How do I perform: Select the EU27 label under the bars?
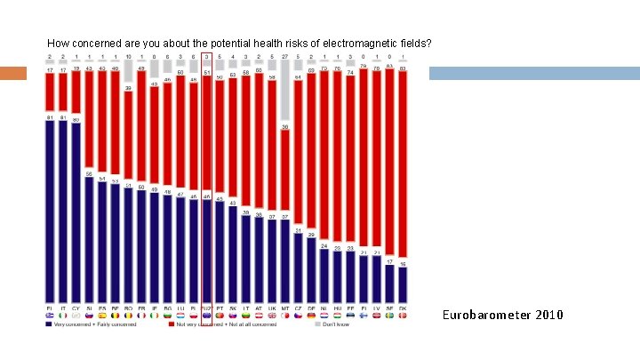(x=207, y=308)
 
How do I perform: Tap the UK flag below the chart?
(x=272, y=316)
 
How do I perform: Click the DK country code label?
(x=403, y=308)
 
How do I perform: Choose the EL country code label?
(x=49, y=308)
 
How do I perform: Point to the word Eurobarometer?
(x=484, y=315)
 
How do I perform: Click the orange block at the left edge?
(x=13, y=73)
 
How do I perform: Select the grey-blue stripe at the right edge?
(x=533, y=73)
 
